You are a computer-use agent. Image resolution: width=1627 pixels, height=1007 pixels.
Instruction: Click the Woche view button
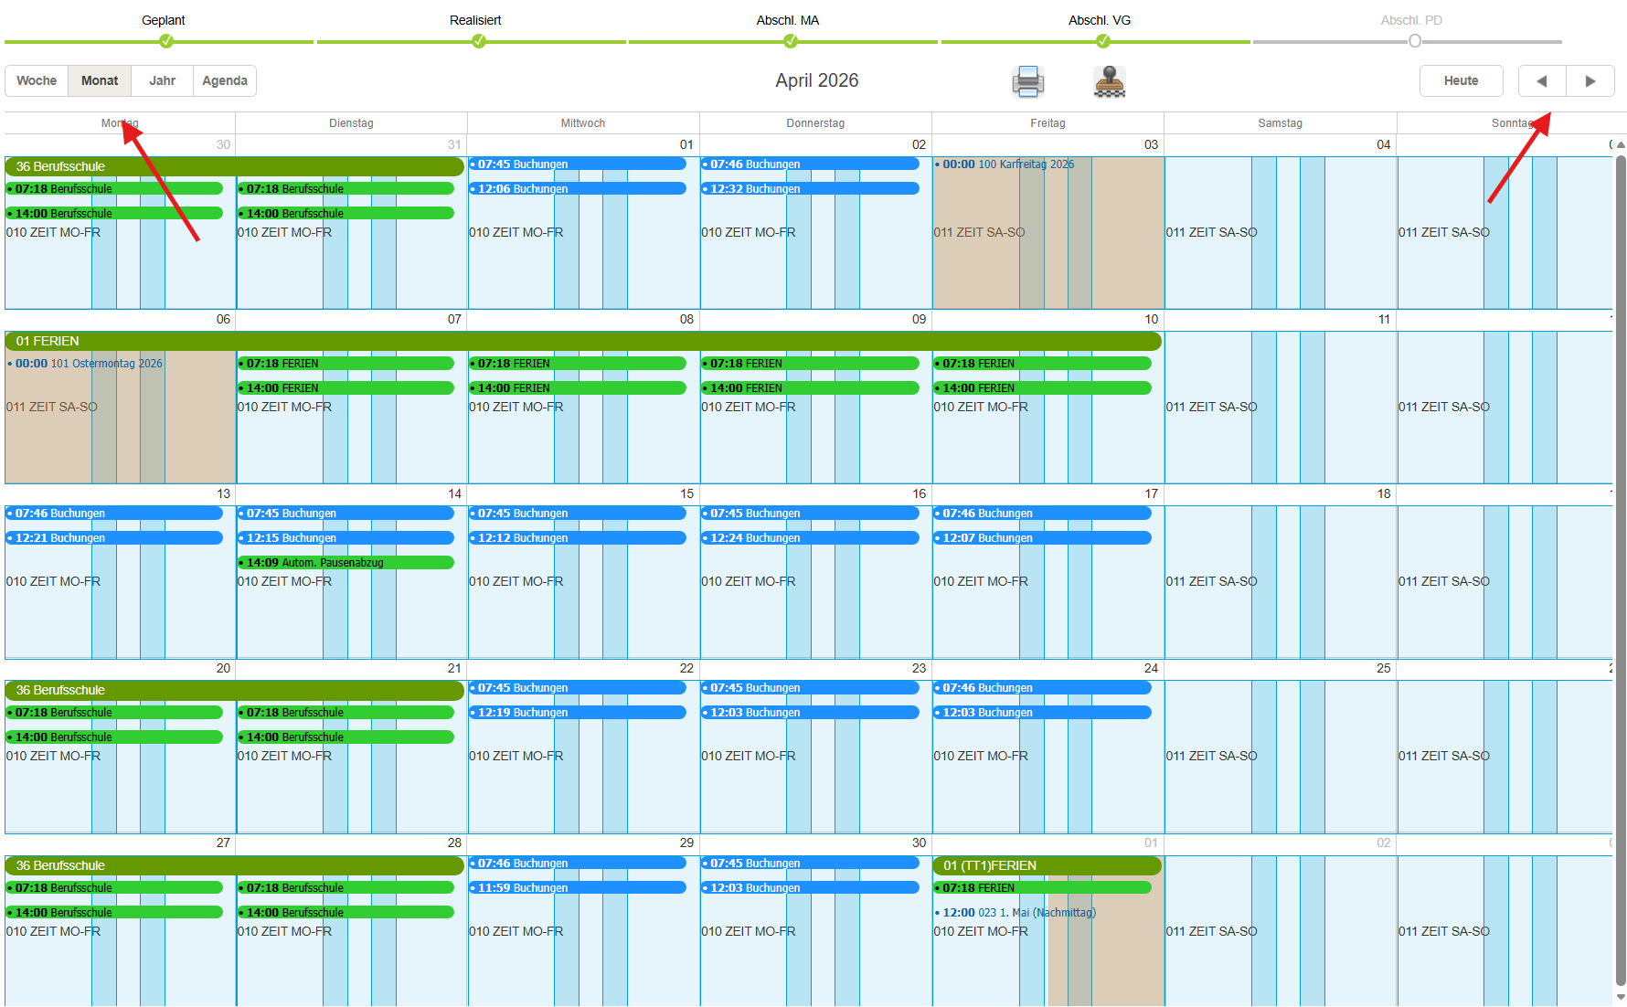click(37, 80)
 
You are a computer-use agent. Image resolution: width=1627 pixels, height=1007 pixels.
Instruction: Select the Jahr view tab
click(162, 80)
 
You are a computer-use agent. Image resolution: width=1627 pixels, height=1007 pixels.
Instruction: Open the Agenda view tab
click(225, 80)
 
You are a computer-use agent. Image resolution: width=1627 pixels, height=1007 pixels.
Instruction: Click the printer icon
click(1028, 81)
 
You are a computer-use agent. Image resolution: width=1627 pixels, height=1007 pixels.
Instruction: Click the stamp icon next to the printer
click(1110, 81)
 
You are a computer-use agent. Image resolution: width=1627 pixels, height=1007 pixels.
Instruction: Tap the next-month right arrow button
click(1590, 80)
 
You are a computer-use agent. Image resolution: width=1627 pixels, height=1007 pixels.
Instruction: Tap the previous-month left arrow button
click(1542, 80)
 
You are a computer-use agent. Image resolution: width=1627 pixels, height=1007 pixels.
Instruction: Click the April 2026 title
click(817, 80)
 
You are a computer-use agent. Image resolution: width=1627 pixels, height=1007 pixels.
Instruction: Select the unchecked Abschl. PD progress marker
click(1415, 41)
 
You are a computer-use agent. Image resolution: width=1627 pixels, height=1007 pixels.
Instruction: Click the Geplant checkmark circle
click(166, 41)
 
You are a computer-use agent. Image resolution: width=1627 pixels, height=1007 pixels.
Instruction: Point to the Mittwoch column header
click(583, 123)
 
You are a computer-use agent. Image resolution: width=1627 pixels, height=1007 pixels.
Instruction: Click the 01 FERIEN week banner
click(583, 341)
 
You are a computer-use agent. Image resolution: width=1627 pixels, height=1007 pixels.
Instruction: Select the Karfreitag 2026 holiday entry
click(1005, 164)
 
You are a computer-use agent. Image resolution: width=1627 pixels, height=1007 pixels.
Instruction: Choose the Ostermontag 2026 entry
click(85, 364)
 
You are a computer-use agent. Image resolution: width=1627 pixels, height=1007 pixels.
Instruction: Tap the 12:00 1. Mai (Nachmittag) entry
click(1016, 913)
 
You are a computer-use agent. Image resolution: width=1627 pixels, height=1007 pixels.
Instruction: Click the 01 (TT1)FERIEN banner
click(1047, 865)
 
